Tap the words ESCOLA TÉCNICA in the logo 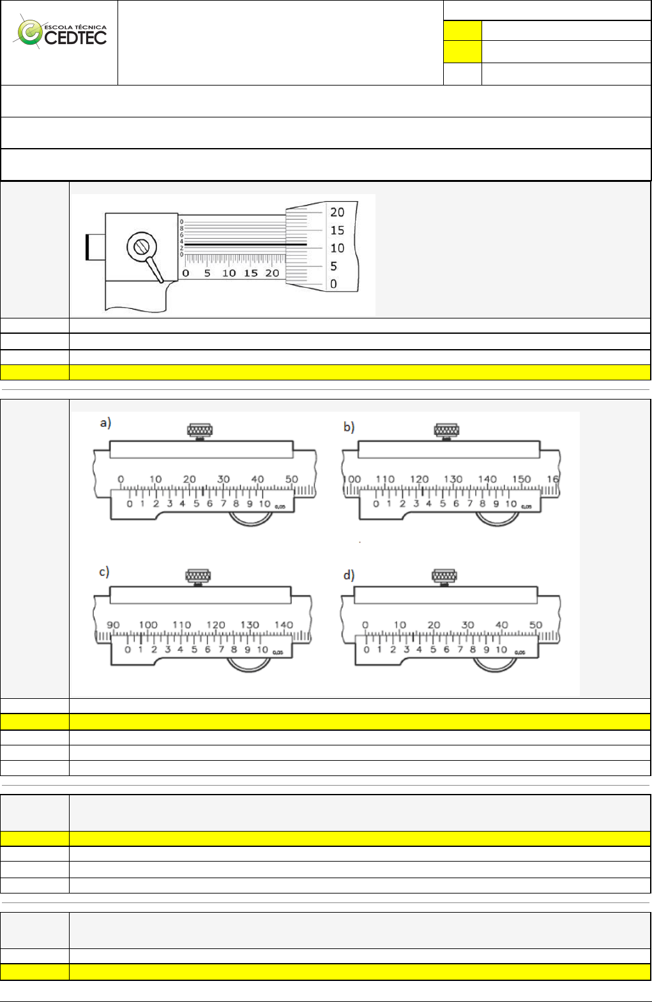(75, 27)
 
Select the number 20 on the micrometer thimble (337, 212)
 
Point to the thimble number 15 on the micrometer (337, 230)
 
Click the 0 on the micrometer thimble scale (333, 284)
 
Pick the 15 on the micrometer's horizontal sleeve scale (251, 273)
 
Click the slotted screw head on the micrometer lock (141, 246)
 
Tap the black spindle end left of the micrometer (87, 246)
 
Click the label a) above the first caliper (105, 422)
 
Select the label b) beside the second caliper (349, 426)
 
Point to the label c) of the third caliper (104, 572)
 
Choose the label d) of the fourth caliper (349, 575)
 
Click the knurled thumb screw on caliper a (200, 431)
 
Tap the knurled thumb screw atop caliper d (444, 577)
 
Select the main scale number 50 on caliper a (292, 479)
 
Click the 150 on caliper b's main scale (521, 479)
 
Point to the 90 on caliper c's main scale (113, 625)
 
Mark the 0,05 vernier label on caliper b (526, 507)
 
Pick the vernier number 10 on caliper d (501, 650)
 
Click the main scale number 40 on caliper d (502, 625)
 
